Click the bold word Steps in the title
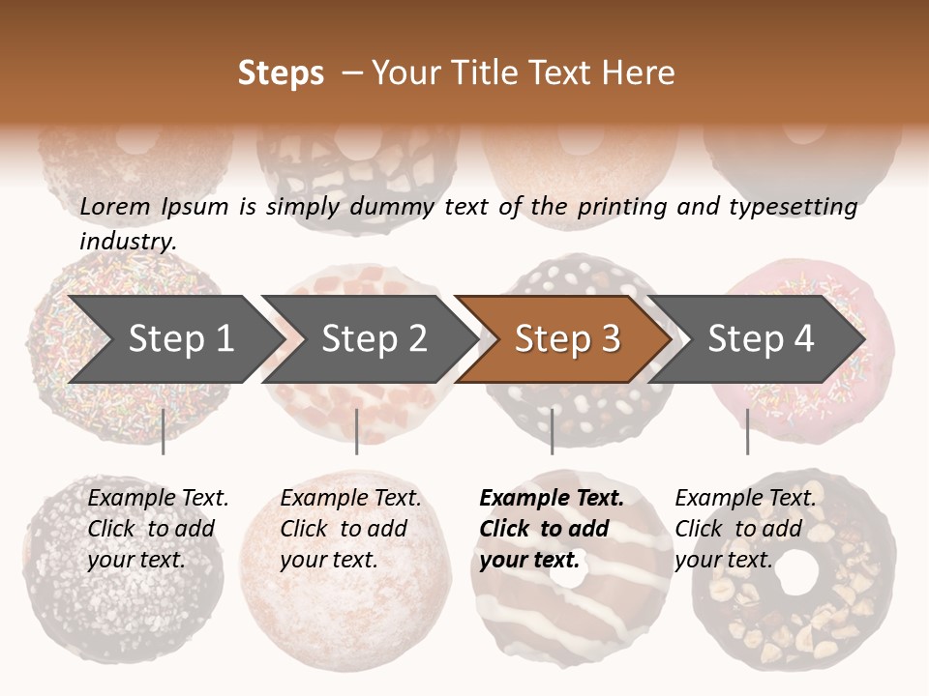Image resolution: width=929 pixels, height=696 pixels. tap(281, 73)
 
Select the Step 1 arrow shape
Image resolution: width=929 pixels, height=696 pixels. tap(174, 339)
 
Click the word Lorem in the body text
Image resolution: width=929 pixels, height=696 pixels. tap(115, 206)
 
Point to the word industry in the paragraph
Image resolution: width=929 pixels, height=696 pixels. tap(127, 242)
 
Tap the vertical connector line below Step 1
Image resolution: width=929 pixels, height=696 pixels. tap(164, 431)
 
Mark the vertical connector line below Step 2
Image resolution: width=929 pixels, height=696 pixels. tap(357, 431)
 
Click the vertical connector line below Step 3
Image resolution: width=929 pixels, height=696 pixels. tap(552, 431)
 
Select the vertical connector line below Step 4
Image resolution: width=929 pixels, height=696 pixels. tap(747, 431)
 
